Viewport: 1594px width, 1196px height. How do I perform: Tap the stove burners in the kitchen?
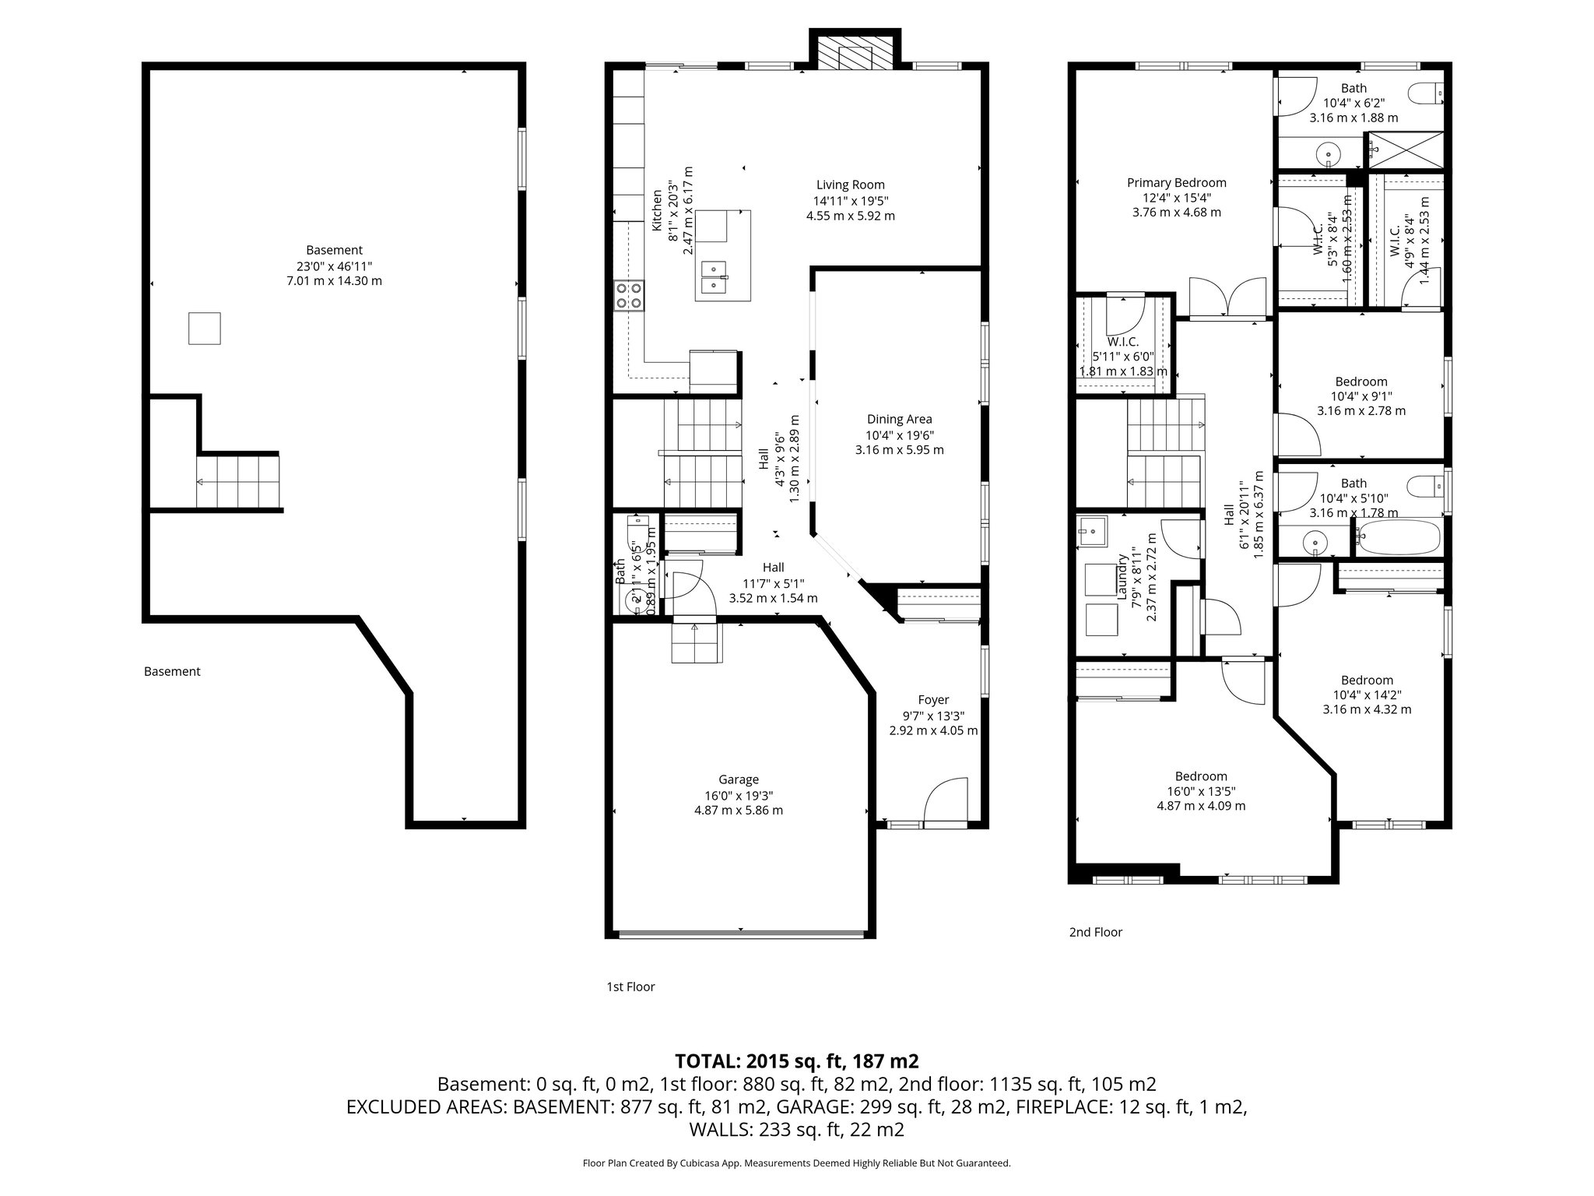630,295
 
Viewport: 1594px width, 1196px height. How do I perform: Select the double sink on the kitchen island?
714,277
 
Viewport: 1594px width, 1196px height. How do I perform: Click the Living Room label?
850,185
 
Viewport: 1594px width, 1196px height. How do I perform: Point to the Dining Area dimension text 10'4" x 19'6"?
899,435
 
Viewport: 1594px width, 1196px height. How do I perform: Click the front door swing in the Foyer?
945,801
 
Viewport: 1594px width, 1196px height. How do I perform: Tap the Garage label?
738,779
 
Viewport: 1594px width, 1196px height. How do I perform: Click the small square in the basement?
205,328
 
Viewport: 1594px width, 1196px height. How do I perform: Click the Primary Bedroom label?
1176,183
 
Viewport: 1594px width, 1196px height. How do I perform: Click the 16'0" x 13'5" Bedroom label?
1201,776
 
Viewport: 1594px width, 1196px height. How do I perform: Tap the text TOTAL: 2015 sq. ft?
796,1061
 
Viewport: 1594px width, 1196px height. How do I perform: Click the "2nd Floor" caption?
1096,932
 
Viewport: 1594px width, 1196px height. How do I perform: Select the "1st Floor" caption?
630,987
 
